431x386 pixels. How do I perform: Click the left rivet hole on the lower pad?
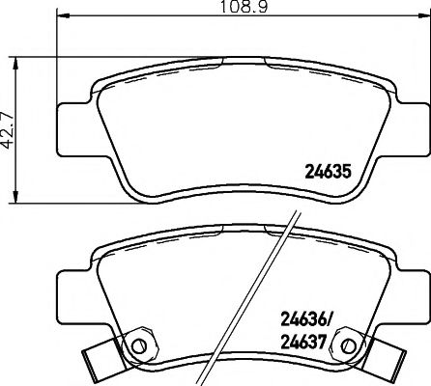(x=139, y=345)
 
